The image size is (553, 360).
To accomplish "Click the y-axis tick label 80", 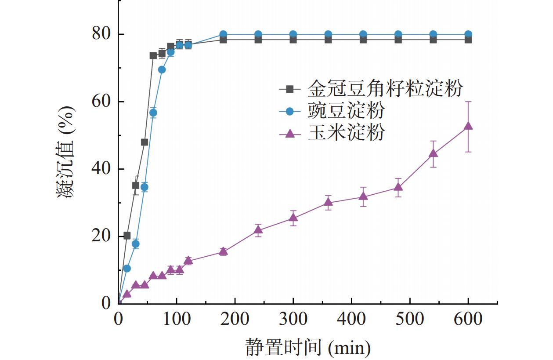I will click(x=102, y=34).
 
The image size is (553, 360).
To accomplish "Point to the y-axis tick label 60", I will click(x=102, y=102).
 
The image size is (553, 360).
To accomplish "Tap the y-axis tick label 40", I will click(x=102, y=169).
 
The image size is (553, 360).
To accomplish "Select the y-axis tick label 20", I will click(x=102, y=236).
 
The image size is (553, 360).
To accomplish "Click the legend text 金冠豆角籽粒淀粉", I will click(x=385, y=88).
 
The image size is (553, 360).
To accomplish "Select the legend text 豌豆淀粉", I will click(x=346, y=111).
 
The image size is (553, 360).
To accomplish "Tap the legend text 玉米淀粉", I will click(x=346, y=133).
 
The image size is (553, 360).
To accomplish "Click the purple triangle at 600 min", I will click(x=468, y=126).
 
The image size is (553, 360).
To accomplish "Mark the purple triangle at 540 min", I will click(x=433, y=153).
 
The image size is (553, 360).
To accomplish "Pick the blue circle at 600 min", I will click(x=468, y=34).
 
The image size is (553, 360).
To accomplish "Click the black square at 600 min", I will click(x=468, y=40).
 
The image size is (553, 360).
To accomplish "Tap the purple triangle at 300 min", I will click(x=293, y=218).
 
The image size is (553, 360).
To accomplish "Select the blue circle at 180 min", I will click(x=223, y=34).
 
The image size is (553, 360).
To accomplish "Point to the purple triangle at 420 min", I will click(x=363, y=196).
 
